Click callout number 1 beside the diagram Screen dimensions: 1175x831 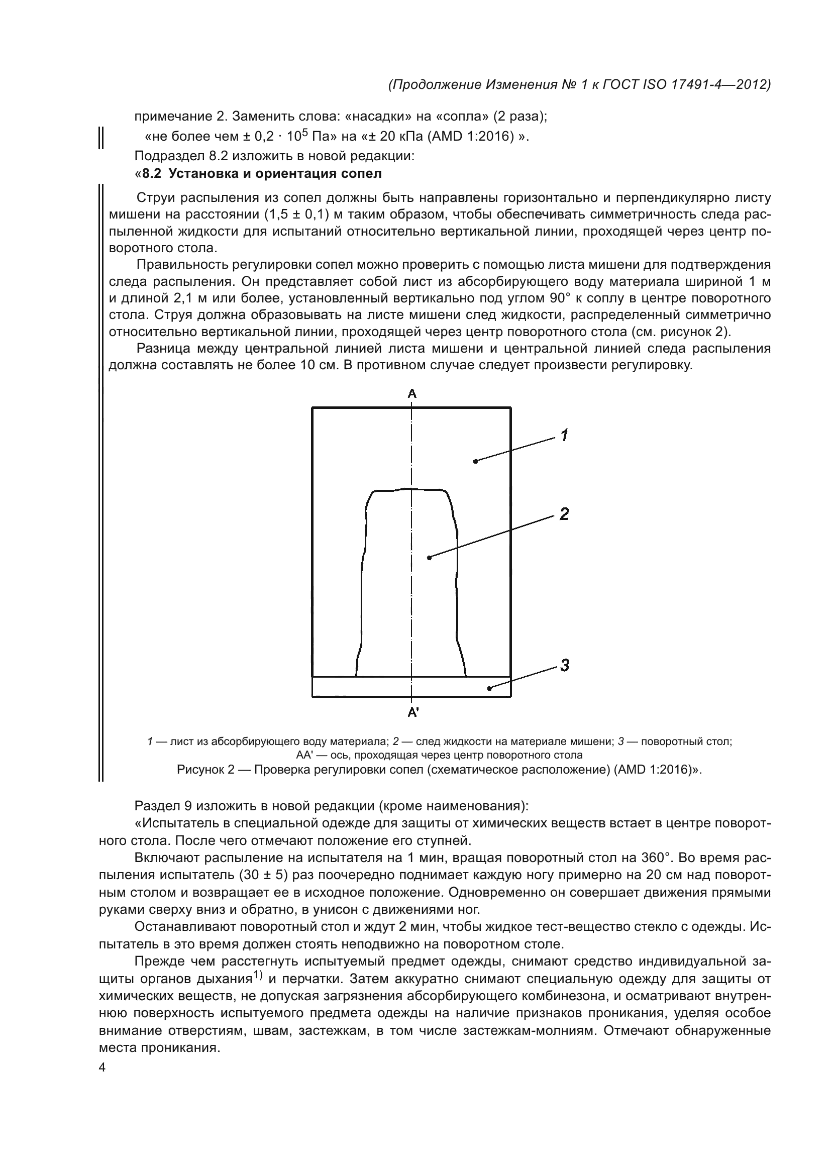point(564,436)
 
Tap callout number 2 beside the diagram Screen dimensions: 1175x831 point(564,514)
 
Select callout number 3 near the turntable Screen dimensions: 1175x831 point(564,665)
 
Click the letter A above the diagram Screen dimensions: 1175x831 point(412,393)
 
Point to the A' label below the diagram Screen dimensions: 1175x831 point(413,712)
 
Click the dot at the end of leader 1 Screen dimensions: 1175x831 point(475,461)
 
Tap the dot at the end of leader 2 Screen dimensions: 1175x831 point(429,557)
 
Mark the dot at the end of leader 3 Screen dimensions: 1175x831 point(489,688)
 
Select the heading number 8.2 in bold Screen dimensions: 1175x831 point(152,174)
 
